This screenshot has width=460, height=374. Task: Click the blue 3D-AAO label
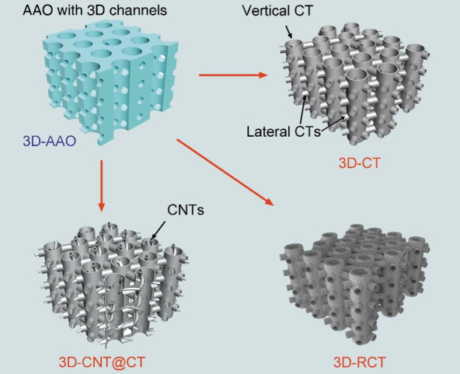tap(50, 141)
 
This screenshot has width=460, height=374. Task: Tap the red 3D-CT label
tap(359, 163)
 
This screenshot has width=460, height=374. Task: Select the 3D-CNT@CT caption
tap(102, 362)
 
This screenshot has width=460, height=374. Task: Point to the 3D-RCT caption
tap(359, 362)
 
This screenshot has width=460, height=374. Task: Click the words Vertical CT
tap(277, 11)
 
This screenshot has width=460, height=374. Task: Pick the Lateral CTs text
tap(284, 131)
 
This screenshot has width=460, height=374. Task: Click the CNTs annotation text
tap(186, 210)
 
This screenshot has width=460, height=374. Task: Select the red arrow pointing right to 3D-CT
tap(233, 75)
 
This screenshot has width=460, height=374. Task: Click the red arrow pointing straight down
tap(102, 186)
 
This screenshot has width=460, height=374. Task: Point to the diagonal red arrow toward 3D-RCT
tap(225, 173)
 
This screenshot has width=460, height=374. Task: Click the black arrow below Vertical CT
tap(289, 32)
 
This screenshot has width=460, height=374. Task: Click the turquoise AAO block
tap(110, 82)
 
